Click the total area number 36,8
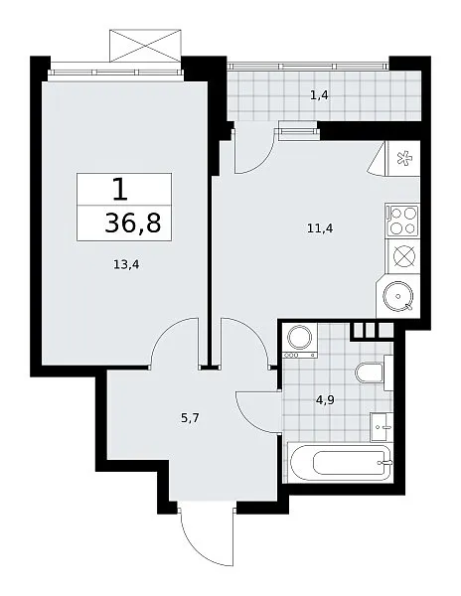(133, 223)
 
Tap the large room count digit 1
(120, 190)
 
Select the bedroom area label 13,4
(126, 264)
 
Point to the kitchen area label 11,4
(320, 228)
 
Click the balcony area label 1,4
(319, 95)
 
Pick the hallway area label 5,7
(190, 418)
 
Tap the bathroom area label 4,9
(325, 400)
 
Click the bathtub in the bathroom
(340, 462)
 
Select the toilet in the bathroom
(374, 372)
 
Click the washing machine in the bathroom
(300, 340)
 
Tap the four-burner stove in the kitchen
(402, 221)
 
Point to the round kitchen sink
(397, 296)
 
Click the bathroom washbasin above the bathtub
(382, 427)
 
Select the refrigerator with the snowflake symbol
(402, 158)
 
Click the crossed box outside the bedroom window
(145, 46)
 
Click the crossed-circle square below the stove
(402, 256)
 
